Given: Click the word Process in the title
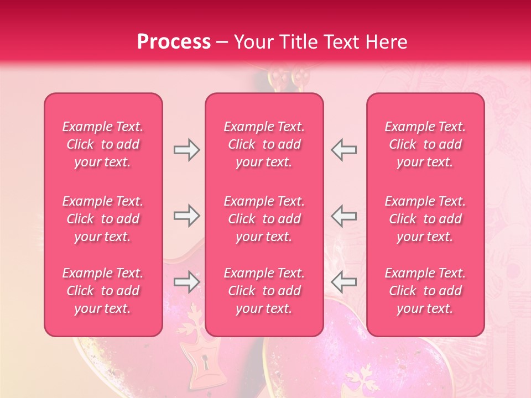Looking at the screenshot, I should click(x=174, y=42).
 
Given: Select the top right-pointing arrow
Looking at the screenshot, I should click(x=186, y=150).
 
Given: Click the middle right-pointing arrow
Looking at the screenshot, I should click(x=186, y=216).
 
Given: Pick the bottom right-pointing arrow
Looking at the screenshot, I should click(x=186, y=282).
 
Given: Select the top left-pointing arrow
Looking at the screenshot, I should click(x=344, y=150).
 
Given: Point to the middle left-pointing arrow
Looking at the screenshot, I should click(x=344, y=216).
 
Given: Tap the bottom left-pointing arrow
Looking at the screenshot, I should click(x=344, y=282).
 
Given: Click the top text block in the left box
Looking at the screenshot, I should click(x=103, y=144).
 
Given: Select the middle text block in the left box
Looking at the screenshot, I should click(x=103, y=219).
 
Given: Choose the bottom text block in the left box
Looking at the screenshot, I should click(x=103, y=291).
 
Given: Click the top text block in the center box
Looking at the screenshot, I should click(x=264, y=144).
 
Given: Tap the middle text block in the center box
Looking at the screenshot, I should click(x=264, y=219).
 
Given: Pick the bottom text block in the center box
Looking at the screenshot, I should click(x=264, y=291).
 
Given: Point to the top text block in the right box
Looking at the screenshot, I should click(x=425, y=144).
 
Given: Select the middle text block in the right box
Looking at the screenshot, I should click(x=425, y=219).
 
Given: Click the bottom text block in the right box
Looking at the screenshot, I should click(x=425, y=291).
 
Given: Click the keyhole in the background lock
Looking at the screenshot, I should click(x=206, y=363).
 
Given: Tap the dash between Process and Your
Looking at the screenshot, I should click(x=222, y=43).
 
